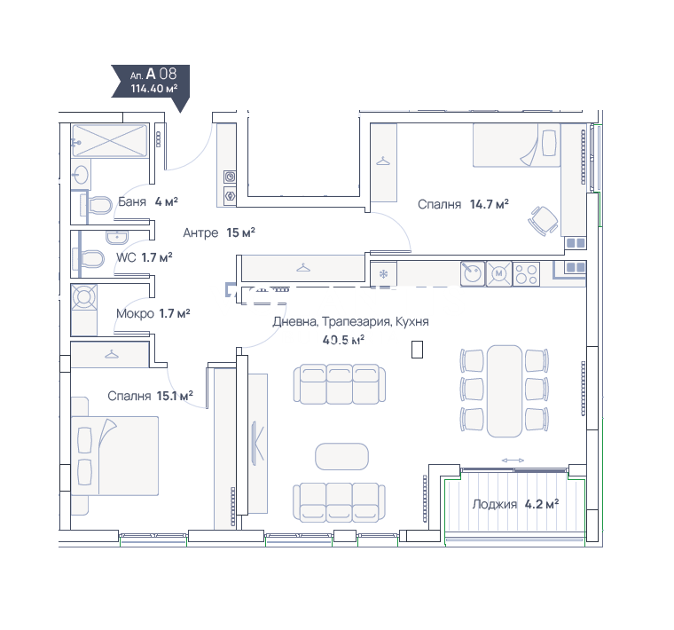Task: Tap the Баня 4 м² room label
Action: pyautogui.click(x=148, y=201)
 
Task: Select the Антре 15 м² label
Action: pyautogui.click(x=219, y=232)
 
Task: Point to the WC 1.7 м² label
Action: pyautogui.click(x=145, y=257)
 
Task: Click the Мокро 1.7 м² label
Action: pyautogui.click(x=153, y=313)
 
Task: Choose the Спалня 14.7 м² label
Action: pyautogui.click(x=463, y=204)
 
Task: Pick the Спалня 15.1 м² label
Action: pyautogui.click(x=150, y=396)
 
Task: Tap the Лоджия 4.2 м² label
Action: pyautogui.click(x=515, y=504)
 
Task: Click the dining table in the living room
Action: pyautogui.click(x=505, y=391)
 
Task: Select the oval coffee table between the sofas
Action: pyautogui.click(x=341, y=456)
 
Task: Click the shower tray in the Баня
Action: pyautogui.click(x=110, y=140)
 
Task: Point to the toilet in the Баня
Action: pyautogui.click(x=97, y=205)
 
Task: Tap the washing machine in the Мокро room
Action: pyautogui.click(x=84, y=297)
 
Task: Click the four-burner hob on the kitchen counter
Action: pyautogui.click(x=526, y=273)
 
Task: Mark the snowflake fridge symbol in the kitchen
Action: pyautogui.click(x=383, y=274)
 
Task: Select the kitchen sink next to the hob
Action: pyautogui.click(x=473, y=273)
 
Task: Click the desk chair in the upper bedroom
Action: pyautogui.click(x=544, y=221)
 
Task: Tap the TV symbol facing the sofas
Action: pyautogui.click(x=258, y=443)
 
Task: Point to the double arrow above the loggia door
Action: pyautogui.click(x=513, y=461)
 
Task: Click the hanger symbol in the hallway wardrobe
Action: pyautogui.click(x=303, y=268)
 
